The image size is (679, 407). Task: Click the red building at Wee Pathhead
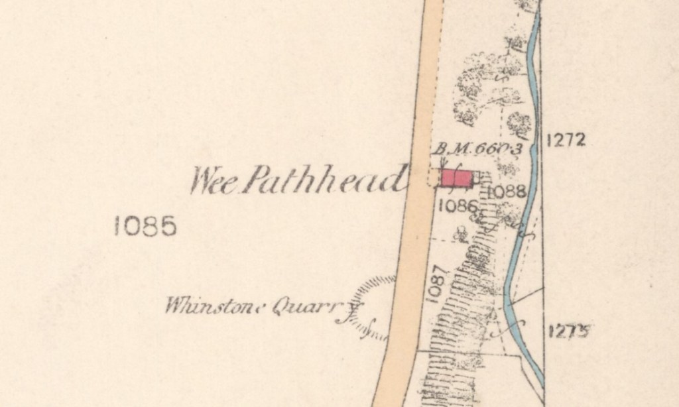[x=457, y=178]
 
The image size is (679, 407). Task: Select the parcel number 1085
[x=145, y=227]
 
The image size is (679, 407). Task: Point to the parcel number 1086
[x=458, y=205]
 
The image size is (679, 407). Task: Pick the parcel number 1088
[x=507, y=192]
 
